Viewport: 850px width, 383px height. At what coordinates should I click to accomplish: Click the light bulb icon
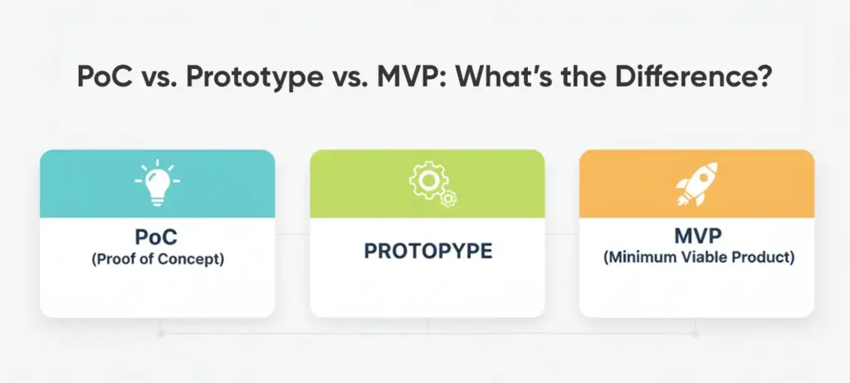pyautogui.click(x=157, y=184)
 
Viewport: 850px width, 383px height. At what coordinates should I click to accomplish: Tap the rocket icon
pyautogui.click(x=696, y=184)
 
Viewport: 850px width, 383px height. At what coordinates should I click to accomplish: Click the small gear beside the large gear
pyautogui.click(x=447, y=198)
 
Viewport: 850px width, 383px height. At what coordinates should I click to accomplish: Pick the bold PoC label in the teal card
pyautogui.click(x=157, y=239)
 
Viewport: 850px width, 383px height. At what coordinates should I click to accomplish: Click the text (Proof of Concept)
pyautogui.click(x=157, y=259)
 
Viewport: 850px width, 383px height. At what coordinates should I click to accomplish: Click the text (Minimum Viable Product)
pyautogui.click(x=696, y=258)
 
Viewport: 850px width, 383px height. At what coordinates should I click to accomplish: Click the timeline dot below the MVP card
pyautogui.click(x=695, y=333)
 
